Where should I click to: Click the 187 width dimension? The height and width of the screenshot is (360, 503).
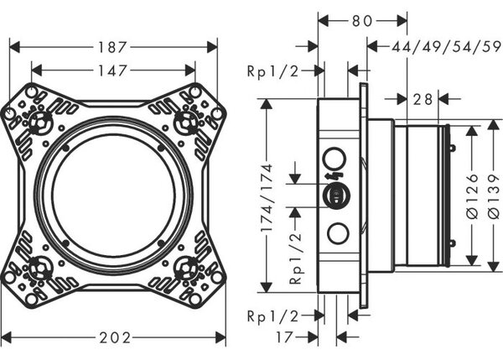[x=112, y=48]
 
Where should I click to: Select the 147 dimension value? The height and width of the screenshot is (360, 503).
[x=112, y=70]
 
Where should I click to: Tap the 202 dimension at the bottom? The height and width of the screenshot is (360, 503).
[x=115, y=338]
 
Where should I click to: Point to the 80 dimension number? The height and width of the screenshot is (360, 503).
[x=362, y=21]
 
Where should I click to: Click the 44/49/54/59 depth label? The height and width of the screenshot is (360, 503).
[x=446, y=47]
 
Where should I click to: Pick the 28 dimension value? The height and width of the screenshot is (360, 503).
[x=423, y=99]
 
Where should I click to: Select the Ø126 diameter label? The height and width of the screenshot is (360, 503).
[x=472, y=196]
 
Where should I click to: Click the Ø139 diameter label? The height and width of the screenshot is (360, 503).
[x=494, y=196]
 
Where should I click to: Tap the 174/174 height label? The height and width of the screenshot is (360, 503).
[x=267, y=198]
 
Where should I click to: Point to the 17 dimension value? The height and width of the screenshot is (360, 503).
[x=284, y=337]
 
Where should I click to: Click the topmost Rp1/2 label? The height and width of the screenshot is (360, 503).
[x=273, y=71]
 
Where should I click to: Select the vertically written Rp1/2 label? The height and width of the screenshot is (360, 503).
[x=295, y=258]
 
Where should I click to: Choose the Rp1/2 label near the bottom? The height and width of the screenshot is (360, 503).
[x=273, y=316]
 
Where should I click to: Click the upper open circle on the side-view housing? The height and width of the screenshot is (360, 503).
[x=334, y=159]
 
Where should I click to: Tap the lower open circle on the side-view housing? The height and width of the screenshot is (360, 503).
[x=338, y=233]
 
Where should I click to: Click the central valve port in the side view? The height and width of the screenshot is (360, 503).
[x=336, y=196]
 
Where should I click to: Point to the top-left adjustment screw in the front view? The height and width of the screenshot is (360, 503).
[x=39, y=123]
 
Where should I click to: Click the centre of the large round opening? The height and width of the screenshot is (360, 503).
[x=113, y=196]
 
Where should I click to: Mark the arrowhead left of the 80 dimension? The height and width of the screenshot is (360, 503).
[x=324, y=21]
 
